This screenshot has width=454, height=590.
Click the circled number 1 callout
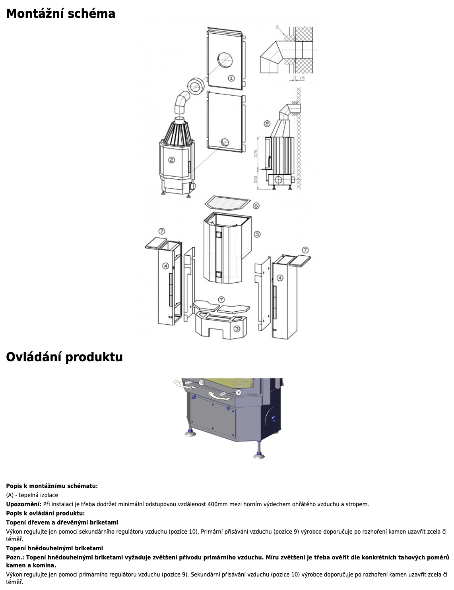231,78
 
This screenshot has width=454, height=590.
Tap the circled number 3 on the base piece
237,329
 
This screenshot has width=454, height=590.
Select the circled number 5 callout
257,234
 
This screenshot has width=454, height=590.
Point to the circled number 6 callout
256,206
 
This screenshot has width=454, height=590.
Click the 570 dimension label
255,153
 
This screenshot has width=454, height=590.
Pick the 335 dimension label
255,179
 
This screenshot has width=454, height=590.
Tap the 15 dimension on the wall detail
302,78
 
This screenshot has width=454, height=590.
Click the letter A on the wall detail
277,27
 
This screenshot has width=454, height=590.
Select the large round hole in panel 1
225,60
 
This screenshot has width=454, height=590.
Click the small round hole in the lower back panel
225,142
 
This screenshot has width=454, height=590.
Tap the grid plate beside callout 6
227,203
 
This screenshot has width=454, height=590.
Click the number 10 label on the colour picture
202,383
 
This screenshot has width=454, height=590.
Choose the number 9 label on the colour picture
239,392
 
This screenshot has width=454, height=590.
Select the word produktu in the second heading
94,357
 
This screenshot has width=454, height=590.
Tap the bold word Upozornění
24,504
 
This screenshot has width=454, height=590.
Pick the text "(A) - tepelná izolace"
32,495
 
